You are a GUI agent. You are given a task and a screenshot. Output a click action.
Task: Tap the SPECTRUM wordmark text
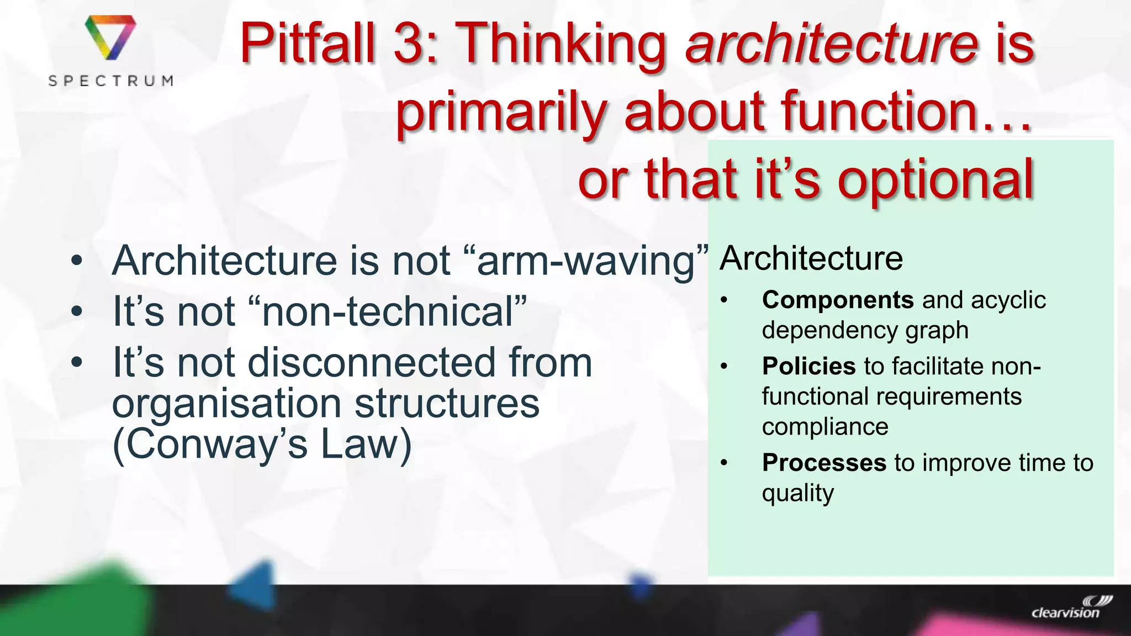110,81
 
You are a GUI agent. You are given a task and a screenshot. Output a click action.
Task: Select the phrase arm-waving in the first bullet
585,261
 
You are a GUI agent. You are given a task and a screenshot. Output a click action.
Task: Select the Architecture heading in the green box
811,258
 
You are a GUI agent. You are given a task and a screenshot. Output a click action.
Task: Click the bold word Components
837,300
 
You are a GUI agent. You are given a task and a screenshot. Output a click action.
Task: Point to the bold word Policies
808,366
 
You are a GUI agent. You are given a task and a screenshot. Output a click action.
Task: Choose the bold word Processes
824,463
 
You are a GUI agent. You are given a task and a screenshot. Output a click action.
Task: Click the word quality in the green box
797,493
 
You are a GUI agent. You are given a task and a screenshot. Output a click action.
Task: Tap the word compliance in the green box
825,427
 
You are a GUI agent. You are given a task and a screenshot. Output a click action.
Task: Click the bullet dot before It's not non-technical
77,311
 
